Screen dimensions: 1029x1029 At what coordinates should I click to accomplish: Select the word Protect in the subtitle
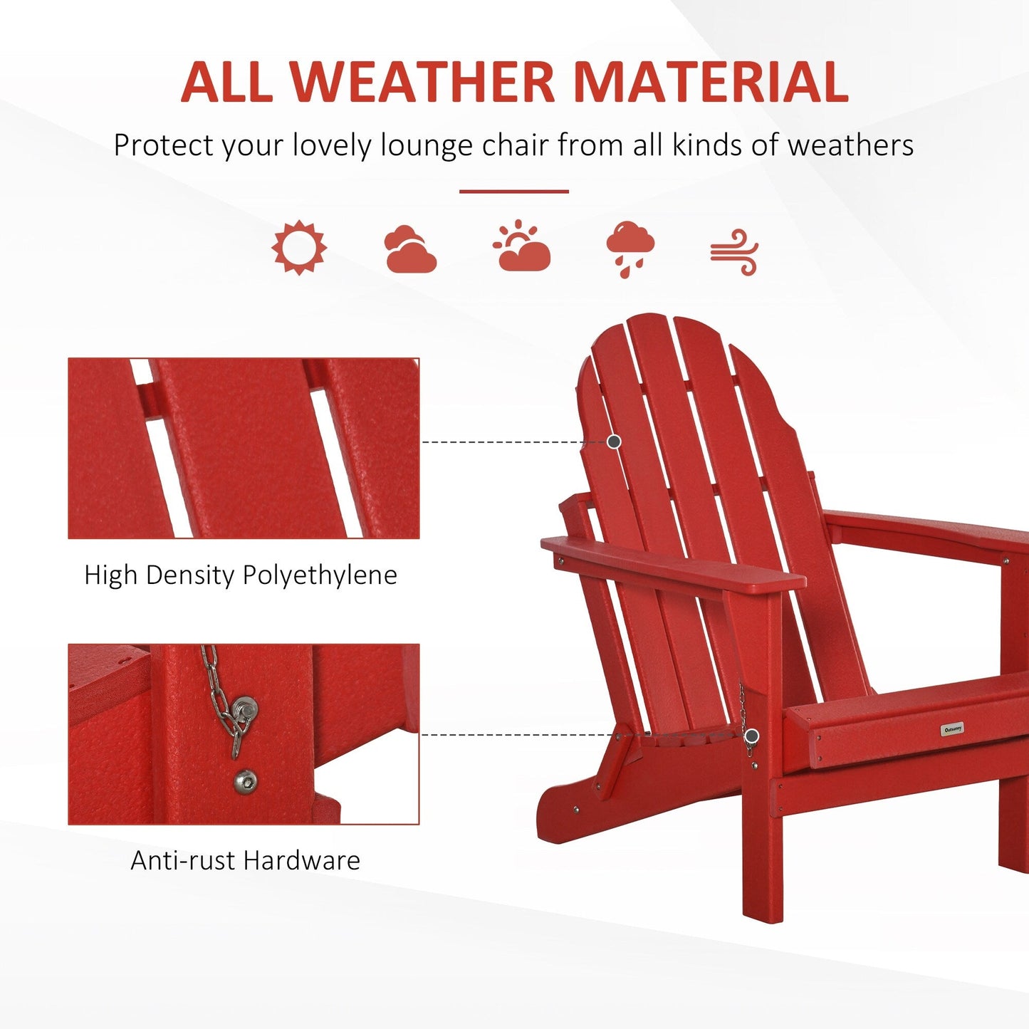click(x=163, y=145)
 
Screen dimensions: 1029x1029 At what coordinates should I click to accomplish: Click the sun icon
click(x=299, y=247)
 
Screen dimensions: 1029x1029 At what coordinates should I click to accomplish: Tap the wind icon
click(x=734, y=252)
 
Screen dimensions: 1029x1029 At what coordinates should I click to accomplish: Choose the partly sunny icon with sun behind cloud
click(x=522, y=247)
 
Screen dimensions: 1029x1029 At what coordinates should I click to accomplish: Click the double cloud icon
click(x=409, y=249)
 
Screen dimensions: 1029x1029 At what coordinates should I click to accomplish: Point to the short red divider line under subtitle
click(x=513, y=191)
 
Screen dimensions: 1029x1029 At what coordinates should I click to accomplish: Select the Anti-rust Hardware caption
click(x=245, y=860)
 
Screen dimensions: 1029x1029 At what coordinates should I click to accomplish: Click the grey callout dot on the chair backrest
click(x=614, y=442)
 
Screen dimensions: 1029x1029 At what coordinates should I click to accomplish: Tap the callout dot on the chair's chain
click(x=752, y=736)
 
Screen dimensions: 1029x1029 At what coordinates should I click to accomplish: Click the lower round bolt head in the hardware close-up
click(x=246, y=781)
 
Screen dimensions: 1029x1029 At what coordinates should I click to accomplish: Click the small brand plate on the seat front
click(x=952, y=728)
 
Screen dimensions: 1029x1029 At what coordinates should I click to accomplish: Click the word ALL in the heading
click(x=226, y=82)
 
